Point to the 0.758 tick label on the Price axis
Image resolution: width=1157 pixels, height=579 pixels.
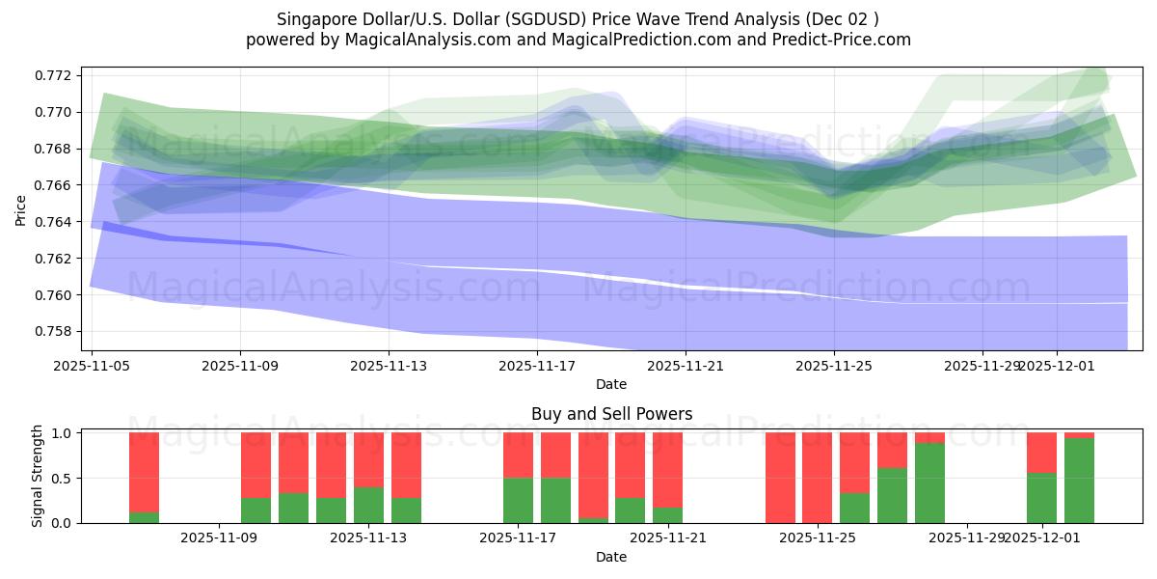tap(55, 331)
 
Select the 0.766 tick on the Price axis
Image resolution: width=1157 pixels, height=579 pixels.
tap(55, 185)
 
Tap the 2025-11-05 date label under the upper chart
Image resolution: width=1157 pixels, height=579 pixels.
tap(92, 366)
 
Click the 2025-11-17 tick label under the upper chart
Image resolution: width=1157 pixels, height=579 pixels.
tap(537, 366)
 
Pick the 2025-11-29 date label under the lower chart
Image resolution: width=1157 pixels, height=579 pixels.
tap(966, 538)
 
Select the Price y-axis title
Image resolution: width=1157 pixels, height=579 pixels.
tap(21, 209)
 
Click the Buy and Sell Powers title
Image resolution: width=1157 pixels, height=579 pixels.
tap(611, 414)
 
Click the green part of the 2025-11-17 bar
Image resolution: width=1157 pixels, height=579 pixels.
tap(518, 500)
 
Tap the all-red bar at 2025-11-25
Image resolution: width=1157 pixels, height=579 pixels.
tap(817, 478)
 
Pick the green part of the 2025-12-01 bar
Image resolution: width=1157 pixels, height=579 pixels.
tap(1041, 498)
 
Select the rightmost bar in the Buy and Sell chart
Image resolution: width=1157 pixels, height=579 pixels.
tap(1079, 480)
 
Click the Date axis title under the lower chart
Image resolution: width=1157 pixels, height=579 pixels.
tap(611, 557)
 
